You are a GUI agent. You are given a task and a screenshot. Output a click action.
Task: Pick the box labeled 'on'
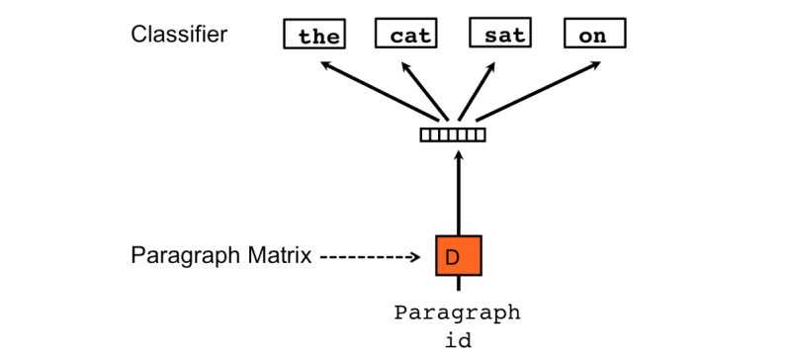click(594, 35)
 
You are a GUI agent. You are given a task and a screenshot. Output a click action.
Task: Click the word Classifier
click(179, 35)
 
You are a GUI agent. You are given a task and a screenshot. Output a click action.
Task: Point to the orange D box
click(458, 256)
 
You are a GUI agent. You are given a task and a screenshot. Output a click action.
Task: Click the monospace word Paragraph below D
click(457, 313)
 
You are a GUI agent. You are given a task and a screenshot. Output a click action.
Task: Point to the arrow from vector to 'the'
click(380, 93)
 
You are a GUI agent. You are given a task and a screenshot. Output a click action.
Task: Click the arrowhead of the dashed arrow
click(416, 257)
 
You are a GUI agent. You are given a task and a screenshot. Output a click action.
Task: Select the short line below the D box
click(458, 285)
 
